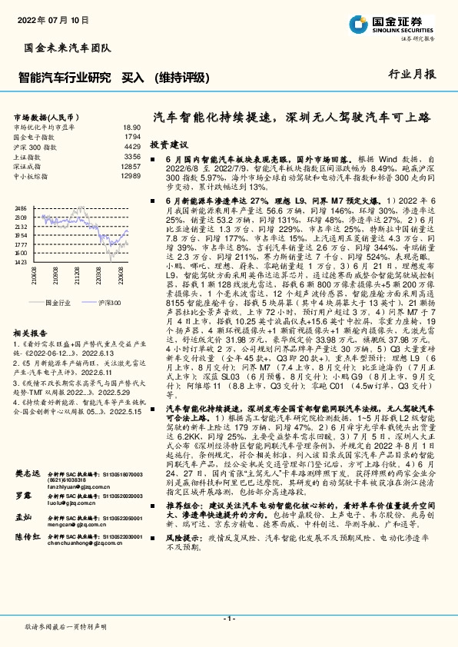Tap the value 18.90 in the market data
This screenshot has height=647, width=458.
(131, 127)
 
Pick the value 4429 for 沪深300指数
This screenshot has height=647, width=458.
(131, 146)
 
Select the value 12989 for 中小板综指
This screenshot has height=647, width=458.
(130, 175)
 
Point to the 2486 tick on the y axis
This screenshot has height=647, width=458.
(21, 208)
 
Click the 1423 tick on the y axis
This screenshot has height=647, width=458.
(21, 262)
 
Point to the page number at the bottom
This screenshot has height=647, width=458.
(228, 619)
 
